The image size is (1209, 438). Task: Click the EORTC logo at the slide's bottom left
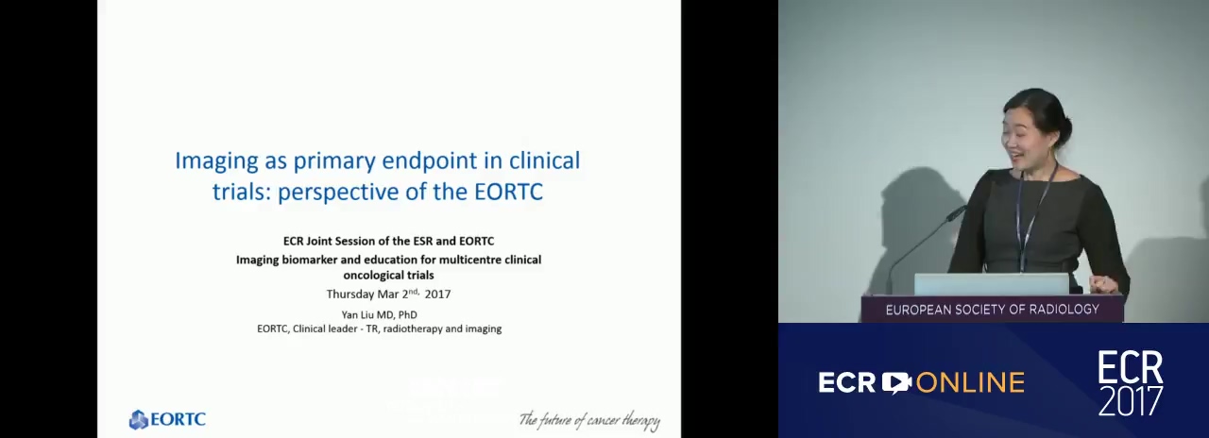point(167,419)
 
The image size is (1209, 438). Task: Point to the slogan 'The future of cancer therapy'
point(589,420)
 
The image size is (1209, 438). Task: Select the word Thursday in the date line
point(350,295)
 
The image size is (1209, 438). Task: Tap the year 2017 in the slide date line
point(437,294)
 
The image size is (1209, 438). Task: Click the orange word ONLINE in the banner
point(970,382)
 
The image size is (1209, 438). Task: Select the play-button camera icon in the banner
point(896,382)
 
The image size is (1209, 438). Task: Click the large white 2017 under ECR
point(1131,400)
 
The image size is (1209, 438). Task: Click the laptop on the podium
point(991,284)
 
